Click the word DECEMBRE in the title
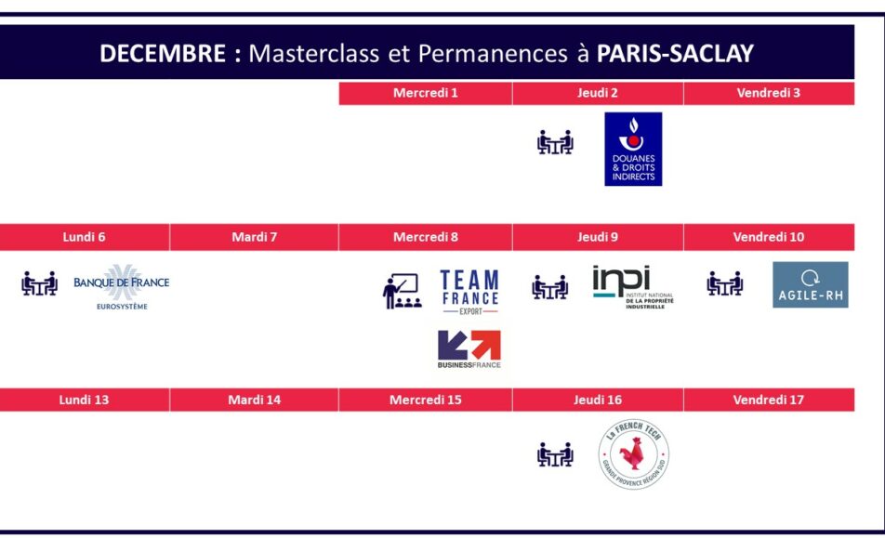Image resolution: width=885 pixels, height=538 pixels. pos(163,54)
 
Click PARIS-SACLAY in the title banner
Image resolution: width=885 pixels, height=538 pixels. pos(675,54)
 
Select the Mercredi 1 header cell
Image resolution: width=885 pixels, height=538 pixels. pos(426,93)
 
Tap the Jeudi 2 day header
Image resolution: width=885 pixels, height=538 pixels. pos(598,93)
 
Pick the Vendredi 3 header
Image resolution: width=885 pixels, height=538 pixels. pos(769,93)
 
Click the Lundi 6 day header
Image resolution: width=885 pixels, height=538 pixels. pos(84,237)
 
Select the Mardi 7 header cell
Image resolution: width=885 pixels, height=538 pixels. pos(254,237)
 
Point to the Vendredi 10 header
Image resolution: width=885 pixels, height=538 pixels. pos(769,237)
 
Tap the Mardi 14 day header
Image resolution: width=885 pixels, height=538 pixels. pos(254,400)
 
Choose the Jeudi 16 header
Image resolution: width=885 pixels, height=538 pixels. pos(598,400)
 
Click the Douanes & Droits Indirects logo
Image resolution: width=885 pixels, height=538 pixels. pos(633,149)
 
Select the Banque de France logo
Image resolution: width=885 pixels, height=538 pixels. pos(122,287)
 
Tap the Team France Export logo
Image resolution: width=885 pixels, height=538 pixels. pos(469,292)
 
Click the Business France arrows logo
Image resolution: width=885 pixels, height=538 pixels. pos(469,349)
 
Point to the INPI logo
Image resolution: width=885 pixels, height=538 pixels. pos(633,286)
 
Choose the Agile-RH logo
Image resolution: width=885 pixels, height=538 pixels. pos(811,284)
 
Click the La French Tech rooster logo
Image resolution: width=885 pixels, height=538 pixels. pos(634,454)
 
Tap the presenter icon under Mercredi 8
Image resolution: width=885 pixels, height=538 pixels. pos(402,291)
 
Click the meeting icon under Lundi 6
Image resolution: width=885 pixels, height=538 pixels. pos(39,283)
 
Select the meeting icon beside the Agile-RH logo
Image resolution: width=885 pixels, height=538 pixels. pos(725,283)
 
